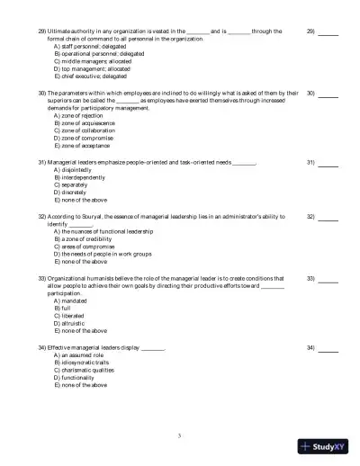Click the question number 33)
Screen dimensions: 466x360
(41, 280)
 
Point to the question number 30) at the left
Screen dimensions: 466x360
(41, 93)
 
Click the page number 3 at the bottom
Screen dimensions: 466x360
(180, 435)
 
